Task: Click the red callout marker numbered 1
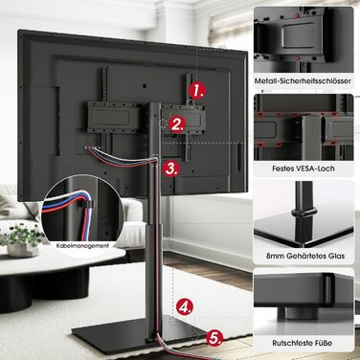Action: [x=197, y=91]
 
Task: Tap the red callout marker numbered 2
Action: [x=178, y=124]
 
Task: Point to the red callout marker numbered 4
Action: [x=185, y=306]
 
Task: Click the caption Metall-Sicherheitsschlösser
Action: [x=303, y=81]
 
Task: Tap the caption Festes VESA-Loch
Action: [x=304, y=168]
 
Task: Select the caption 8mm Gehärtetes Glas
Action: [x=305, y=256]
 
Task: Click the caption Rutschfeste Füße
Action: [x=303, y=343]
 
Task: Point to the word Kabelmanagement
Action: [x=82, y=246]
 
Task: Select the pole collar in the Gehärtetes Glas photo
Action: [x=304, y=212]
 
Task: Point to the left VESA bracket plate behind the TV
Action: [x=113, y=117]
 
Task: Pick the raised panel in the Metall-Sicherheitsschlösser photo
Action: [x=299, y=35]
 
